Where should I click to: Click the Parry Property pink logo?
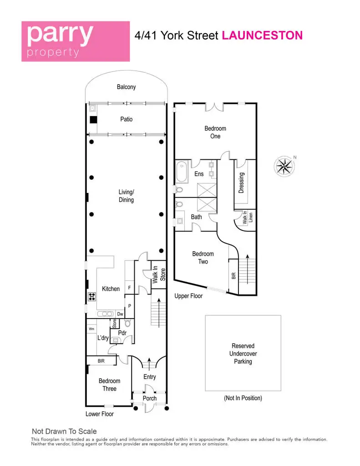[76, 41]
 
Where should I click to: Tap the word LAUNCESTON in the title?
[262, 35]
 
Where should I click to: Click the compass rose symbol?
[284, 166]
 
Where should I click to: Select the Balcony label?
[127, 87]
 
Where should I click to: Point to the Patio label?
[127, 119]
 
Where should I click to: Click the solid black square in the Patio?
[94, 120]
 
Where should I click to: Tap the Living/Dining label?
[127, 196]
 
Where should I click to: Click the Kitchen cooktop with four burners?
[92, 296]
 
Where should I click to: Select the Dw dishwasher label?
[120, 314]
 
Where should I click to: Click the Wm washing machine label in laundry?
[91, 329]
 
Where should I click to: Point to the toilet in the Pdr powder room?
[128, 323]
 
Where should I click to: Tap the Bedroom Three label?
[109, 385]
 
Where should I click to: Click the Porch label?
[150, 398]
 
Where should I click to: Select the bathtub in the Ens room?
[181, 172]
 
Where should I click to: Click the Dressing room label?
[241, 183]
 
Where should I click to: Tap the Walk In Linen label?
[247, 217]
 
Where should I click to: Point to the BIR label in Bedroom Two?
[233, 276]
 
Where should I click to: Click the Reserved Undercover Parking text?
[243, 354]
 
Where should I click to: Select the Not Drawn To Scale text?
[64, 431]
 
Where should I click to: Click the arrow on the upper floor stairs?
[247, 269]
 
